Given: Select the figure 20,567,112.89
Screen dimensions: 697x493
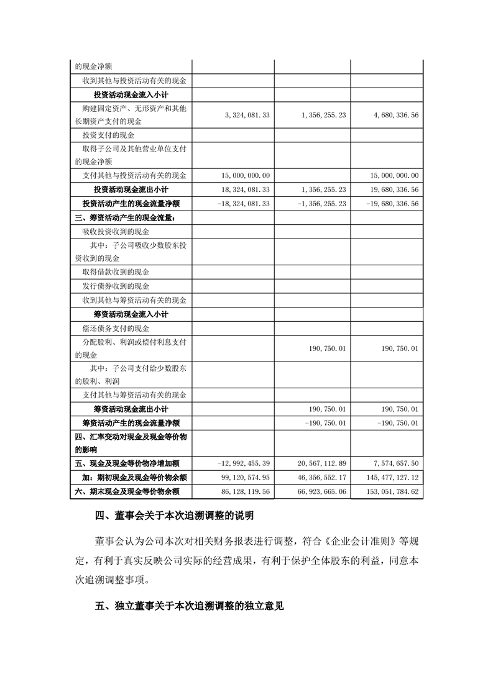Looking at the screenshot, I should [318, 463].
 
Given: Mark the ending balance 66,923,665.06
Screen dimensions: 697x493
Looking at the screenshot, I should [318, 491].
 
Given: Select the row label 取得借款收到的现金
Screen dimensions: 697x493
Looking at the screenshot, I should [116, 272].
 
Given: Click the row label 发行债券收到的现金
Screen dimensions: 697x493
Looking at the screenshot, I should [116, 286].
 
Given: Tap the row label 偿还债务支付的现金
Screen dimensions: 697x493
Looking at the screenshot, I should [116, 328].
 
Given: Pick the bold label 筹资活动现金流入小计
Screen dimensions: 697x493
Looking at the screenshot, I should [131, 314].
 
